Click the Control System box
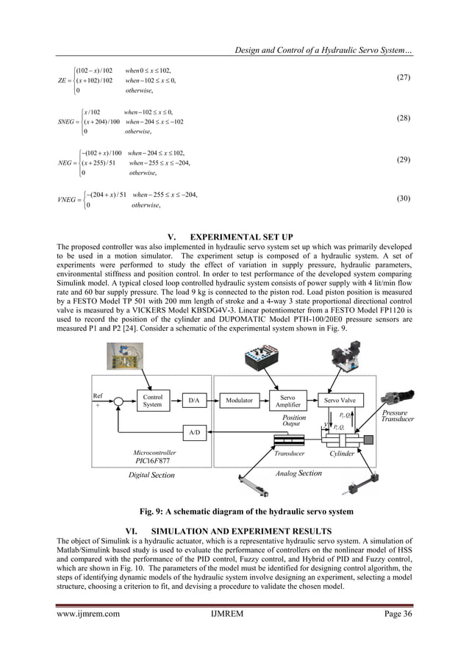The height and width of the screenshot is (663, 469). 152,401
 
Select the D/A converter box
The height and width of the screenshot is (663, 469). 194,401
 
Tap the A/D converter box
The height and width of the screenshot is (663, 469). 194,433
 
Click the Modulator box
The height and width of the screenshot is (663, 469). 239,401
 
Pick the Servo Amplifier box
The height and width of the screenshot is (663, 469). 288,401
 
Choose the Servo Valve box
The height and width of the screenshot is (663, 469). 340,401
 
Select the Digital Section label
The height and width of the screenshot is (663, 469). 152,476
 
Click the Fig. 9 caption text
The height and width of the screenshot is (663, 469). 234,510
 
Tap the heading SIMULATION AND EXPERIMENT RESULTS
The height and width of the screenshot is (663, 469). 243,531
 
